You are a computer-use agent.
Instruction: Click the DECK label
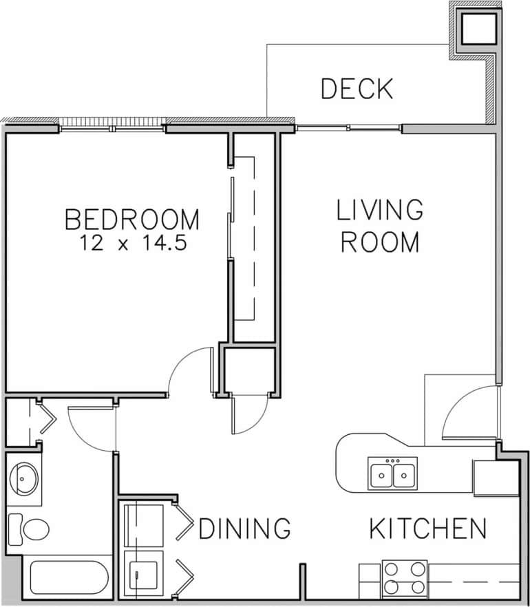coord(357,89)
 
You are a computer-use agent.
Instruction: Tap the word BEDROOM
coord(132,220)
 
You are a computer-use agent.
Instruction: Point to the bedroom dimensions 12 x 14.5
coord(132,243)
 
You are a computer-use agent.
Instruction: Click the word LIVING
coord(379,210)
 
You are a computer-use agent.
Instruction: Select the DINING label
coord(244,529)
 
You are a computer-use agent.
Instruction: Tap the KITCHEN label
coord(428,529)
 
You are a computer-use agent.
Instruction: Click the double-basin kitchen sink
coord(392,474)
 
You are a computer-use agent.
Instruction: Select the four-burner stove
coord(403,578)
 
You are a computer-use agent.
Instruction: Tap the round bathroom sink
coord(26,476)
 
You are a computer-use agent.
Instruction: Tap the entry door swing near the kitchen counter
coord(468,413)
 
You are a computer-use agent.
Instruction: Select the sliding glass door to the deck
coord(348,127)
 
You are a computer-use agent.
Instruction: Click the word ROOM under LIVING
coord(380,242)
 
